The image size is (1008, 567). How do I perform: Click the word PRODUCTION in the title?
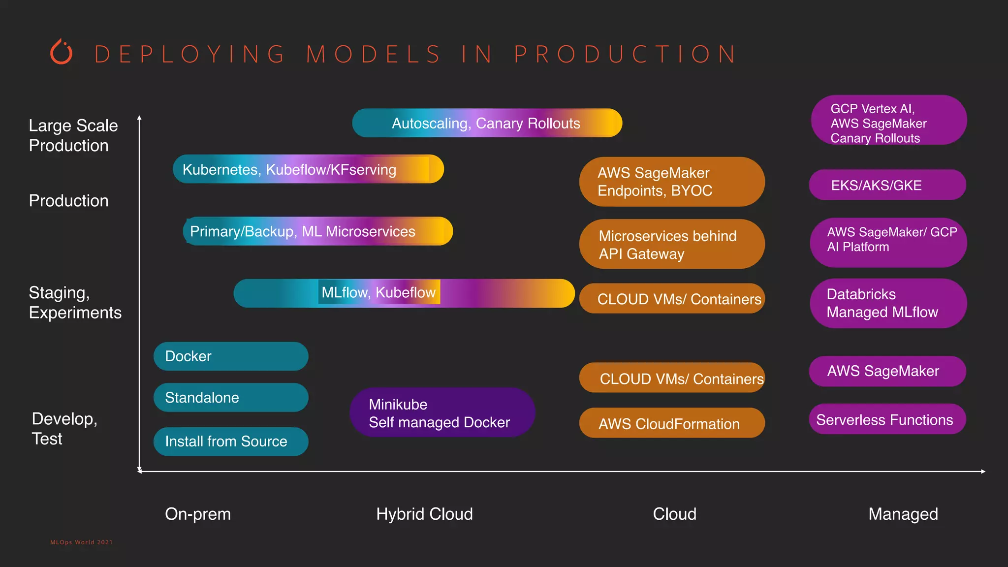(625, 54)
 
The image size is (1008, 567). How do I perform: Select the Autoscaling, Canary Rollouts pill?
(487, 123)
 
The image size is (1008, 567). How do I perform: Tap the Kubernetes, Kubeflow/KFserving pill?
(308, 169)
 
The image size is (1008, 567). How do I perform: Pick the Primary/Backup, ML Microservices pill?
(317, 231)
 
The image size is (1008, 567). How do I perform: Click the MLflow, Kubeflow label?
(378, 292)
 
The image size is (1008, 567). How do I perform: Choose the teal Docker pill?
(231, 356)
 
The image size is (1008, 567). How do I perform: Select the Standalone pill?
(231, 398)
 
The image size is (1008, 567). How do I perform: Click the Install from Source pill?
(231, 441)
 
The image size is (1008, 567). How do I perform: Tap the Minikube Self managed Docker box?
(442, 413)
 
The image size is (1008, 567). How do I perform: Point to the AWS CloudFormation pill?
(672, 423)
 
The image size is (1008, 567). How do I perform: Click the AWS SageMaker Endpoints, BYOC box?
(672, 182)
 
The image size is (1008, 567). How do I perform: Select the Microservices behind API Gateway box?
(672, 244)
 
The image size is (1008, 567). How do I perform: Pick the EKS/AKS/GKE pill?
(887, 185)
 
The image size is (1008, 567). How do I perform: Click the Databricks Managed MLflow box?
(888, 303)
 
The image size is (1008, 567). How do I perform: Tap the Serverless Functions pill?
(887, 419)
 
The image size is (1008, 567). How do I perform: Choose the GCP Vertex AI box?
(888, 121)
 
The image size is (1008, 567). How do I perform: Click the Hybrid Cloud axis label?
(424, 514)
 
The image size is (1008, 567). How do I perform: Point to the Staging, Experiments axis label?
(75, 302)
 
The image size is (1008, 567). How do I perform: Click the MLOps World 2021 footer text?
(81, 542)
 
